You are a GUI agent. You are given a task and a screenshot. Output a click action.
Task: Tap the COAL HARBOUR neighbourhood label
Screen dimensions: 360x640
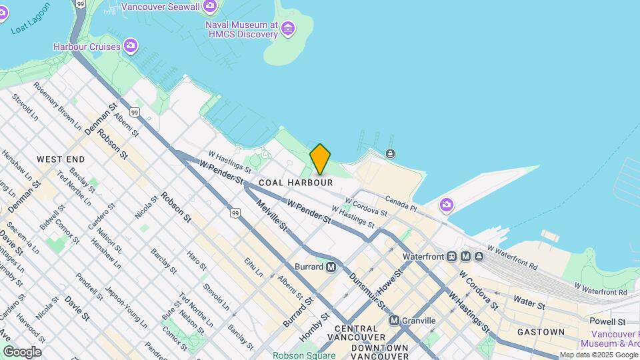coord(295,183)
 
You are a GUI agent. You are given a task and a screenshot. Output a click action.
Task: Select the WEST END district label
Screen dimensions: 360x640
coord(61,159)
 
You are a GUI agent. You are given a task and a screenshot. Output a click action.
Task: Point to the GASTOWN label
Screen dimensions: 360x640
coord(541,332)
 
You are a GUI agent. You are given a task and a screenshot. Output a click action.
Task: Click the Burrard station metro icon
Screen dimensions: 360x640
coord(331,267)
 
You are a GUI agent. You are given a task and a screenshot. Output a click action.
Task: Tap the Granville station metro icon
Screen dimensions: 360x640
coord(394,321)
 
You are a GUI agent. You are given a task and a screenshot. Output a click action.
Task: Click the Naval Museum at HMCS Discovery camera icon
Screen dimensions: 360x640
coord(288,29)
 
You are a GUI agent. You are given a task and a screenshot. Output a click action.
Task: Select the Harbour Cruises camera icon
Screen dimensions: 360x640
coord(131,46)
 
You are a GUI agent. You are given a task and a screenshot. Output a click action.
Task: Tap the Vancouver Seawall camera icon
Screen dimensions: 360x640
coord(210,7)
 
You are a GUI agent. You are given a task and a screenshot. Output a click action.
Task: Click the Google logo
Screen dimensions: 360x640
coord(22,351)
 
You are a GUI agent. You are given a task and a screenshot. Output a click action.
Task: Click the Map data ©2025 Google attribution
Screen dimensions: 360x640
coord(598,355)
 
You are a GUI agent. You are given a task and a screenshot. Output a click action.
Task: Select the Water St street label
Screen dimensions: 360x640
coord(529,303)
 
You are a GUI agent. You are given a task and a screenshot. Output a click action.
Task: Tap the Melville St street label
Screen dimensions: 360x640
coord(272,217)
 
